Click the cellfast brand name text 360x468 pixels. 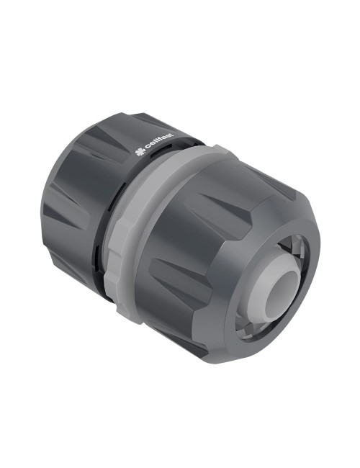tap(157, 147)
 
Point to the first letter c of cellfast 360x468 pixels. tap(145, 150)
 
